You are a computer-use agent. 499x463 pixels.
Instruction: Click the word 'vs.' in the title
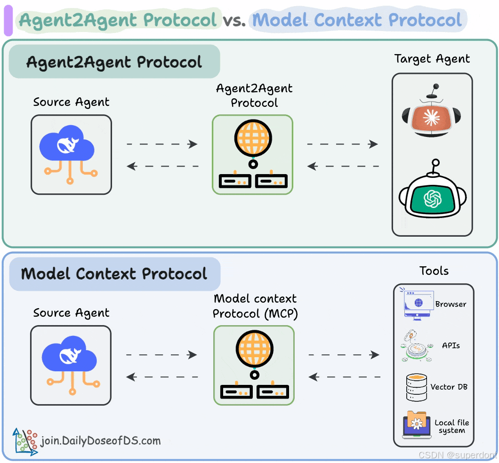[x=234, y=20]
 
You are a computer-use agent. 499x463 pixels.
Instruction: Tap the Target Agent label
[x=432, y=59]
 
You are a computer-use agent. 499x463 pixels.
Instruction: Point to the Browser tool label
[x=451, y=304]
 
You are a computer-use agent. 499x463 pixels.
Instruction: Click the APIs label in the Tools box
[x=451, y=345]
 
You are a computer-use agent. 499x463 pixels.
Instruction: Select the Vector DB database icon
[x=416, y=387]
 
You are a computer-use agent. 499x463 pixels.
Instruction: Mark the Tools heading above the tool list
[x=434, y=271]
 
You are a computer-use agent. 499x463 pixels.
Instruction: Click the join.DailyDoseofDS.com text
[x=101, y=441]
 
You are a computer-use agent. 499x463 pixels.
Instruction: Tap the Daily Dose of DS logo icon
[x=25, y=441]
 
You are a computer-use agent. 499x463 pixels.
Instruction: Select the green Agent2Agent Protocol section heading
[x=114, y=62]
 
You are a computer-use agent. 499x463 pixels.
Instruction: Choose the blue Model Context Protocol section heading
[x=114, y=274]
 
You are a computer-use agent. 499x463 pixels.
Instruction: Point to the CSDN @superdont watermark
[x=457, y=455]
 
